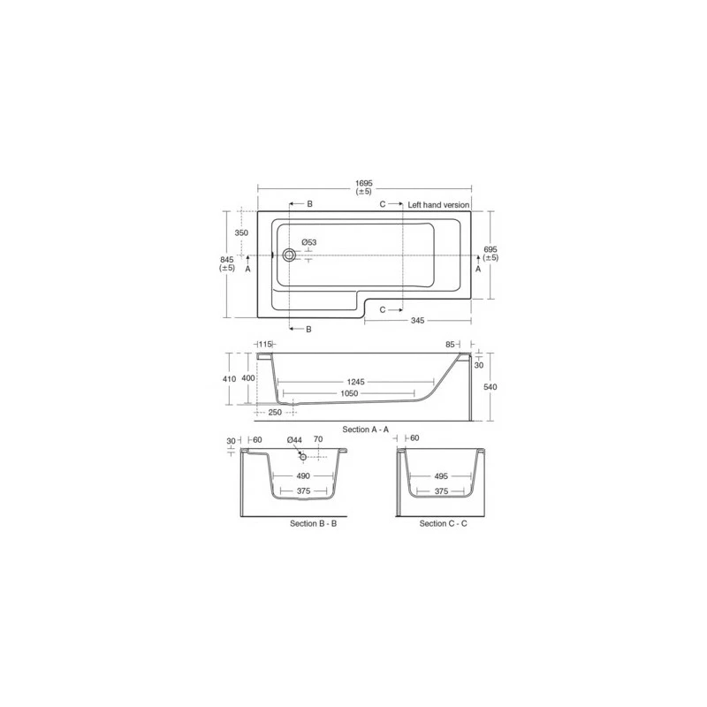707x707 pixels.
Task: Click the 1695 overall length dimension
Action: (364, 183)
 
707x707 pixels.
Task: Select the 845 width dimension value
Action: (227, 259)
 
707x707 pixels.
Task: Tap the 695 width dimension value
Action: (490, 250)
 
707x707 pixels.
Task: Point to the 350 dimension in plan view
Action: (241, 232)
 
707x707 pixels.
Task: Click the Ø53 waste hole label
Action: (308, 242)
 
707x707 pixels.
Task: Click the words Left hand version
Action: (438, 204)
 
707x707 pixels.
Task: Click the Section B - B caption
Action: (313, 523)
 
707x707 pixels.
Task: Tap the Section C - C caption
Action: (444, 523)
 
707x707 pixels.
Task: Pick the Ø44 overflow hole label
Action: (294, 440)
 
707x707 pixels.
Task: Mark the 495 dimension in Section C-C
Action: (444, 475)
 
